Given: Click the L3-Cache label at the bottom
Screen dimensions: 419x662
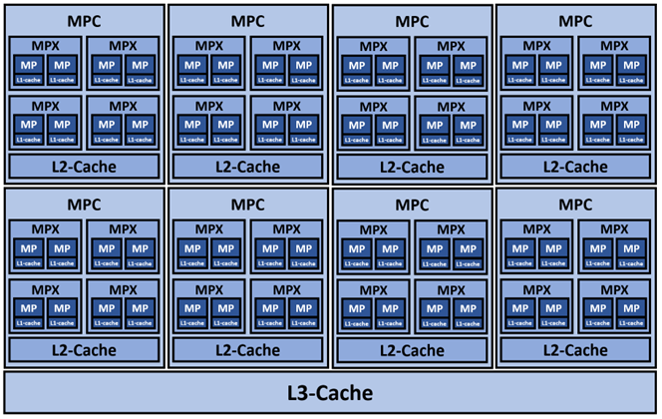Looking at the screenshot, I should (x=331, y=392).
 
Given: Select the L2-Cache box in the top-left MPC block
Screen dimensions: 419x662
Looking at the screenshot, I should (x=85, y=166).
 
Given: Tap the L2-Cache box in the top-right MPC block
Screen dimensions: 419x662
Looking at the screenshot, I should (x=575, y=166).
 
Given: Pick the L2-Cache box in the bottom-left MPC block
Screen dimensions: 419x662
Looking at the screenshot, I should (x=85, y=349).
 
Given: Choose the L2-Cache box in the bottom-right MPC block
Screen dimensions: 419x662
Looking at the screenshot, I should (x=575, y=349).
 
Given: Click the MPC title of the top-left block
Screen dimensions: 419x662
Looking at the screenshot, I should (x=85, y=21).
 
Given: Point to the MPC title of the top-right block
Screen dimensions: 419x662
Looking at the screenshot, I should (x=575, y=21).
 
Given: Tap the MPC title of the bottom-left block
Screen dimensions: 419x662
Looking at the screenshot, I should (x=85, y=204).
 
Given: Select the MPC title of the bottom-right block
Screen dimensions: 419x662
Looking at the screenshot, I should (x=575, y=204).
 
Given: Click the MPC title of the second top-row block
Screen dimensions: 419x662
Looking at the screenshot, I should (x=248, y=21).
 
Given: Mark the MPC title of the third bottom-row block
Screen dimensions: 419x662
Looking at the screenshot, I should (x=412, y=204).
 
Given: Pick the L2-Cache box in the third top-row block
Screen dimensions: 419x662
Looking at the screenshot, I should (x=412, y=166).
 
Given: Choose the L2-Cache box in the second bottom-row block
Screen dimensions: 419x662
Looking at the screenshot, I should (x=248, y=349).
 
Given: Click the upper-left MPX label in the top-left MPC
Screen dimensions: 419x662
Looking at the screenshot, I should (x=45, y=46).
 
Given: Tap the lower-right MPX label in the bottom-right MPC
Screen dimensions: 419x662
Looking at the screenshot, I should (x=615, y=288).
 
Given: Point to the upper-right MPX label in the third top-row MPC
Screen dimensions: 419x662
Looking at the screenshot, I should (x=452, y=46).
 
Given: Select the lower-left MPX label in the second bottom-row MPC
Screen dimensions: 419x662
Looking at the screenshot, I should (x=208, y=288).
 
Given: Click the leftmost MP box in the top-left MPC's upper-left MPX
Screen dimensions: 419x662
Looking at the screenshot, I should (x=28, y=65).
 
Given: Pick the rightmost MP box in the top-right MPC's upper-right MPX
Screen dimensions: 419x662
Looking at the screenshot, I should (x=631, y=65).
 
